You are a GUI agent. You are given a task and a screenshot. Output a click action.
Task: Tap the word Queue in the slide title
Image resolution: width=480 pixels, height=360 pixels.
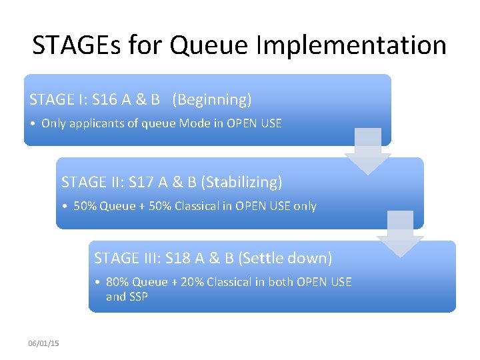coord(206,45)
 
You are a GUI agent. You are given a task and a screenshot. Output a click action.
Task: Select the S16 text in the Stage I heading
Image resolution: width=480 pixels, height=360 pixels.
coord(104,100)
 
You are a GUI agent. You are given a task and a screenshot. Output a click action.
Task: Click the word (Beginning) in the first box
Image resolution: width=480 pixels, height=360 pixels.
coord(212,100)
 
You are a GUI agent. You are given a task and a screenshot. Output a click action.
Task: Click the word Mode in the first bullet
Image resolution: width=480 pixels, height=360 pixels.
coord(194,123)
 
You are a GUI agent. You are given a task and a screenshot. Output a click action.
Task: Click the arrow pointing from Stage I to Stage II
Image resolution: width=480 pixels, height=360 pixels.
coord(367,151)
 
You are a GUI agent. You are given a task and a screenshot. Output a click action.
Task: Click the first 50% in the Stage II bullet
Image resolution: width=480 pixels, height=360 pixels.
coord(85,206)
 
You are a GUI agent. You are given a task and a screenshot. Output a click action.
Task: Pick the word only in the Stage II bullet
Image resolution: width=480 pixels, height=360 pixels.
coord(305,206)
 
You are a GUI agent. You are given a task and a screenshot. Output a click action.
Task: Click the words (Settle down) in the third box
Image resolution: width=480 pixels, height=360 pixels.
coord(285,258)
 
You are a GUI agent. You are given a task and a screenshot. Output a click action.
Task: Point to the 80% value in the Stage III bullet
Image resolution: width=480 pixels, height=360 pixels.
coord(118,282)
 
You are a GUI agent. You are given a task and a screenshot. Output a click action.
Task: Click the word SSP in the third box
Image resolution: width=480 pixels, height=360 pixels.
coord(138,297)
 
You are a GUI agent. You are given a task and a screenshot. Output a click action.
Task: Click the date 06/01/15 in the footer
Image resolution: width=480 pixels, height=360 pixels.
coord(43,343)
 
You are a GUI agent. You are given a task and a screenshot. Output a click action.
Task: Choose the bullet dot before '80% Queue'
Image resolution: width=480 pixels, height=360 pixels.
coord(97,283)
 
